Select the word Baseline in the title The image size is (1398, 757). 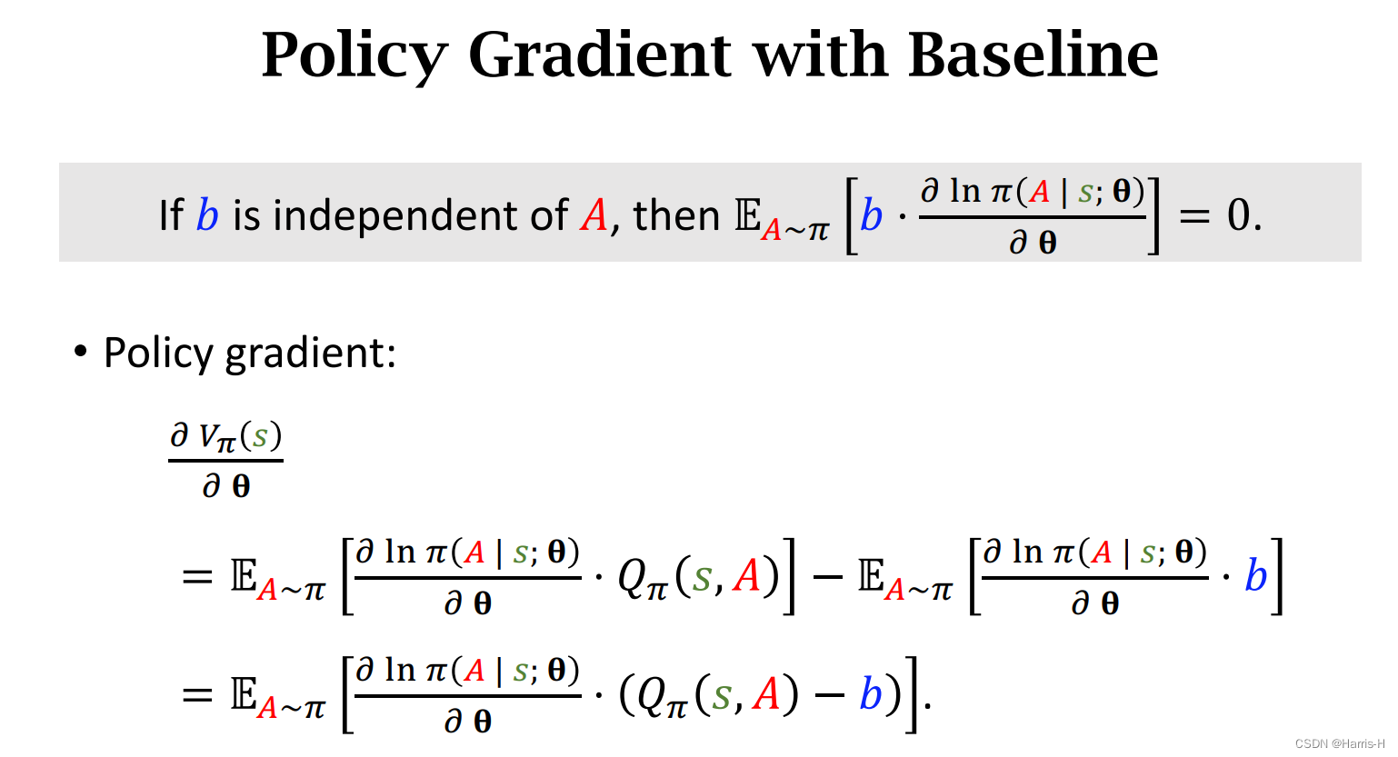pyautogui.click(x=1034, y=55)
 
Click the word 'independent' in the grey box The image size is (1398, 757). pyautogui.click(x=401, y=216)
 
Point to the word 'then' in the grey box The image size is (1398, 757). pyautogui.click(x=676, y=216)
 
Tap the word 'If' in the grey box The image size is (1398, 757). pyautogui.click(x=171, y=216)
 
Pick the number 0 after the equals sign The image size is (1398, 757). pyautogui.click(x=1239, y=216)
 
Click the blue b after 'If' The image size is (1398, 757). pyautogui.click(x=208, y=216)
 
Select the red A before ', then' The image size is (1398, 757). pyautogui.click(x=594, y=216)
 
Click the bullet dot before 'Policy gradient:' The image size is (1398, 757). pyautogui.click(x=81, y=351)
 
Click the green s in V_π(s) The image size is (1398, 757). pyautogui.click(x=261, y=437)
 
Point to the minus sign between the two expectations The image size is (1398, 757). pyautogui.click(x=827, y=576)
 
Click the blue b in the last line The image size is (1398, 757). pyautogui.click(x=871, y=695)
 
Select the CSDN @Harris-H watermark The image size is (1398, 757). pyautogui.click(x=1339, y=744)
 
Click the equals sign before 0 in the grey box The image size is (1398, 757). pyautogui.click(x=1194, y=216)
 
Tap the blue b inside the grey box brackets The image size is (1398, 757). pyautogui.click(x=872, y=216)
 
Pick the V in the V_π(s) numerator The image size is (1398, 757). pyautogui.click(x=210, y=437)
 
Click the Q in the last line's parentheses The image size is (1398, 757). pyautogui.click(x=653, y=695)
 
